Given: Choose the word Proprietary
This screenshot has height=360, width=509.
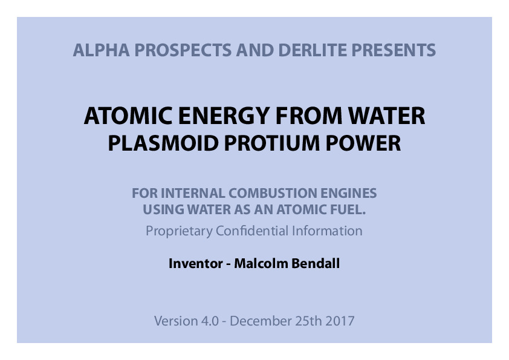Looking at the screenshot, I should (179, 231).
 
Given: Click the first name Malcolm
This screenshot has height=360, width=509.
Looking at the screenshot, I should (258, 264).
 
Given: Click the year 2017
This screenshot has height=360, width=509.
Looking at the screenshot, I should (340, 321).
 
